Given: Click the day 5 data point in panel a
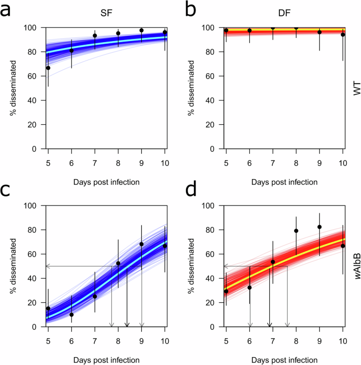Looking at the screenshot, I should click(x=48, y=68).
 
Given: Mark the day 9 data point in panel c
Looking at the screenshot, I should click(x=141, y=244).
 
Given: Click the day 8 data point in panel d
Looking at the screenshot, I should click(x=296, y=231).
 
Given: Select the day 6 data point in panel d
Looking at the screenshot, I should click(x=250, y=288).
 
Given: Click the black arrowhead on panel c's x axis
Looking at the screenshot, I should click(x=126, y=324).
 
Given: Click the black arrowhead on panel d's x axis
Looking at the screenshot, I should click(x=269, y=324).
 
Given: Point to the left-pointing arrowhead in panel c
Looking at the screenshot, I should click(x=49, y=267).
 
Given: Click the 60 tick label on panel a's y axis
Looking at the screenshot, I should click(x=36, y=76).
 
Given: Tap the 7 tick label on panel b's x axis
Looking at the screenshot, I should click(x=273, y=160).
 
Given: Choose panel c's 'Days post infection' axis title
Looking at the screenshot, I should click(x=106, y=360).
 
